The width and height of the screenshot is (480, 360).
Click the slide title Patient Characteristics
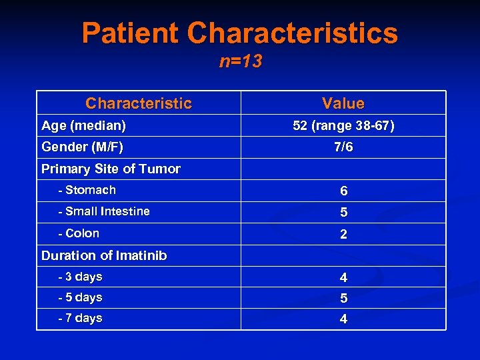tap(240, 33)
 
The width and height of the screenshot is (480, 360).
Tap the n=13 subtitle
tap(241, 62)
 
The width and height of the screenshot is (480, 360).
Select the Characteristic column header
tap(138, 103)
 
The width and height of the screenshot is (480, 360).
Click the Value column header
tap(343, 103)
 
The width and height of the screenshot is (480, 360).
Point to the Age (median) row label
tap(83, 125)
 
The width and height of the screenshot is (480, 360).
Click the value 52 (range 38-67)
tap(343, 125)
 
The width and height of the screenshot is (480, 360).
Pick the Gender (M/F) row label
tap(82, 147)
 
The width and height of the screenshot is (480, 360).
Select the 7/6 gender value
tap(343, 147)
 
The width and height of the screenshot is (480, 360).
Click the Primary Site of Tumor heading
tap(111, 169)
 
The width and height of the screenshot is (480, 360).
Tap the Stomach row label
tap(87, 190)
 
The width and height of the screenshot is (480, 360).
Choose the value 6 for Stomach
tap(343, 191)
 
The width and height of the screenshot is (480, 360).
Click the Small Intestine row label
tap(104, 211)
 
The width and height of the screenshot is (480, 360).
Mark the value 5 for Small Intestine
tap(343, 213)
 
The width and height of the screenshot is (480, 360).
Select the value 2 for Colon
tap(343, 235)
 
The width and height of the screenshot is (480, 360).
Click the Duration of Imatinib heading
tap(104, 255)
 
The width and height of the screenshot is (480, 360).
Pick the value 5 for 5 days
tap(343, 298)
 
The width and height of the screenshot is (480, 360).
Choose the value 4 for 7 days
tap(343, 319)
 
